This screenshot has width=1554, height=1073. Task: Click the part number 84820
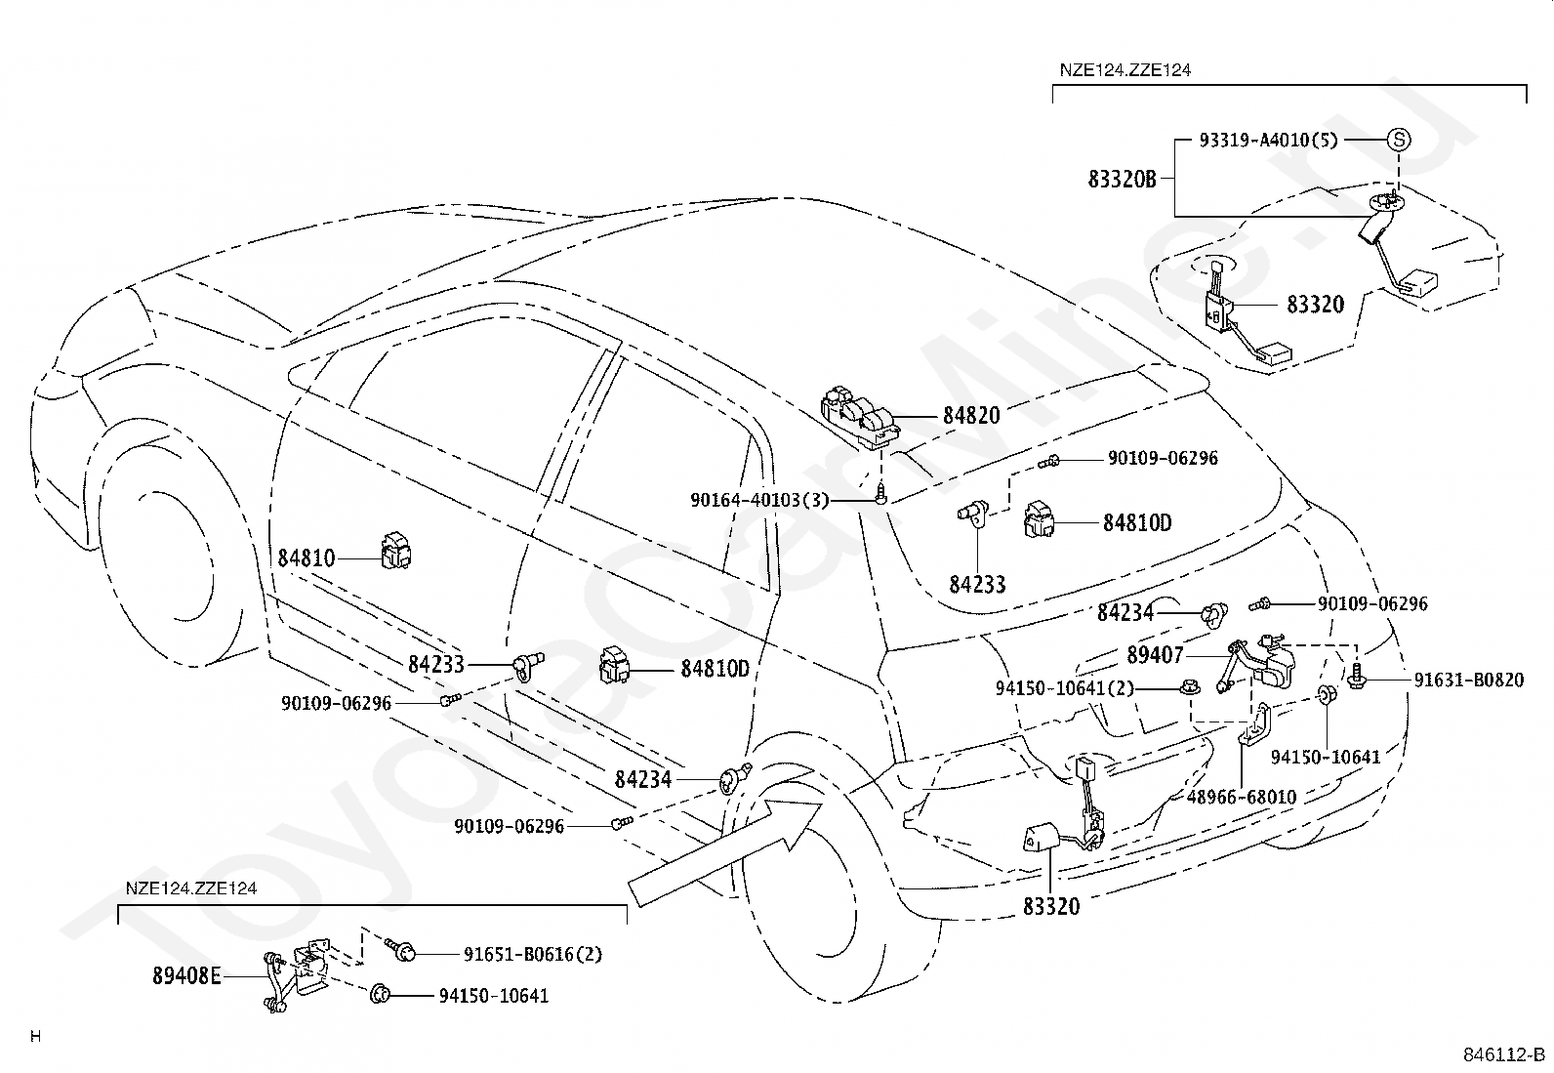(971, 416)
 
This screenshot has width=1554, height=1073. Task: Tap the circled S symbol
(1399, 140)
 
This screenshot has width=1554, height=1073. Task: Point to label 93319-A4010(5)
(1268, 141)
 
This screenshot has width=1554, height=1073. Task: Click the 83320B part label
(1122, 180)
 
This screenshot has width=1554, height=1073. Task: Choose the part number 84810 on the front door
(306, 558)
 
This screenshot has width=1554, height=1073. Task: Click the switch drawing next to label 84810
(396, 551)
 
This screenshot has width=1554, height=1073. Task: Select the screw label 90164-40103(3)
(759, 500)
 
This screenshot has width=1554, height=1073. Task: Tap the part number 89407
(1155, 655)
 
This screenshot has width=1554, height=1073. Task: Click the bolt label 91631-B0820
(1469, 680)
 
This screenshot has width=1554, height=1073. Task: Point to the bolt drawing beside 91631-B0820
(1356, 675)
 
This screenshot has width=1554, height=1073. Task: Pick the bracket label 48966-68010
(1241, 797)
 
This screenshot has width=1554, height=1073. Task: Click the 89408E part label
(186, 975)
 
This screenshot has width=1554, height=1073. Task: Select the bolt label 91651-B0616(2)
(533, 954)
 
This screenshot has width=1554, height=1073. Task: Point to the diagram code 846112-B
(1504, 1054)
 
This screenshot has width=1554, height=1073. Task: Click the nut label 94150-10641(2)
(1065, 687)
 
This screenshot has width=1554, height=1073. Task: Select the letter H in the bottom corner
(36, 1036)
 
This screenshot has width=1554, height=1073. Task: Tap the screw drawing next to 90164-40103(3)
(881, 493)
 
